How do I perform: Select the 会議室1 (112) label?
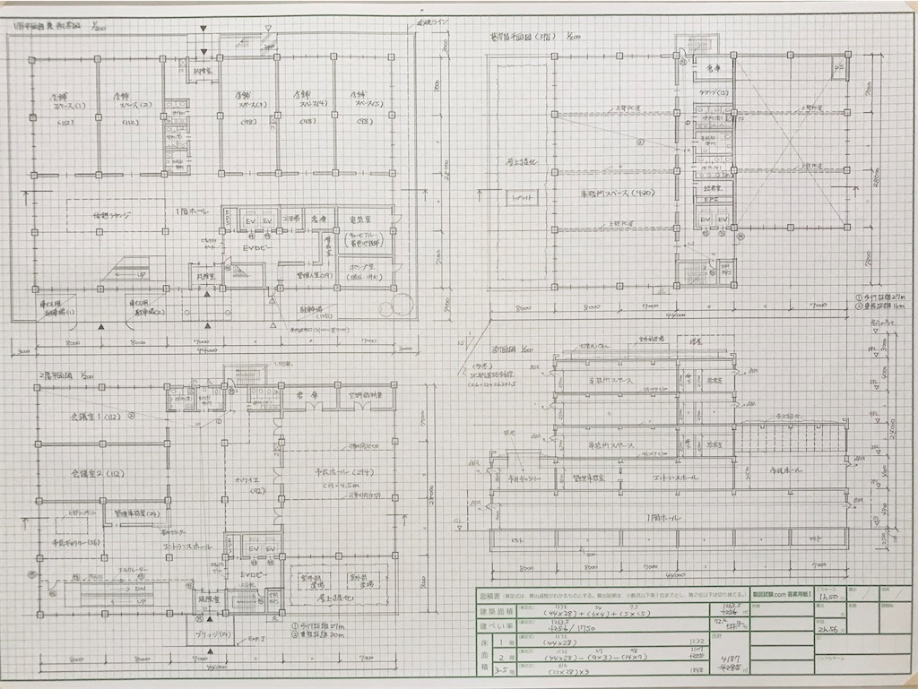pyautogui.click(x=83, y=418)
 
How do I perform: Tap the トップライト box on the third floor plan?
pyautogui.click(x=520, y=194)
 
